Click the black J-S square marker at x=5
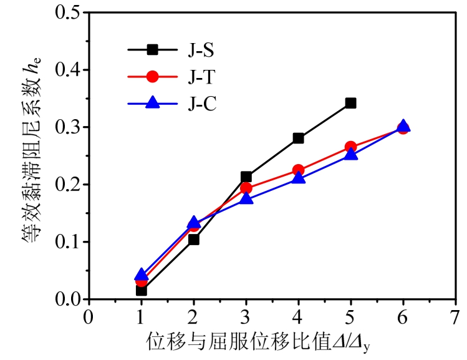click(x=350, y=103)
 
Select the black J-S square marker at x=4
click(x=298, y=138)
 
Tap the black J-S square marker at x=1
click(x=141, y=290)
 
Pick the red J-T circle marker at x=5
click(x=350, y=147)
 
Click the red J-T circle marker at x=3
click(x=246, y=188)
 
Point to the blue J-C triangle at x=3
click(x=246, y=199)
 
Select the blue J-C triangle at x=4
click(x=298, y=178)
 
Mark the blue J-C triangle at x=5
click(x=350, y=154)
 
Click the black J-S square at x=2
click(x=193, y=239)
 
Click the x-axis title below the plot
click(x=262, y=341)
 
